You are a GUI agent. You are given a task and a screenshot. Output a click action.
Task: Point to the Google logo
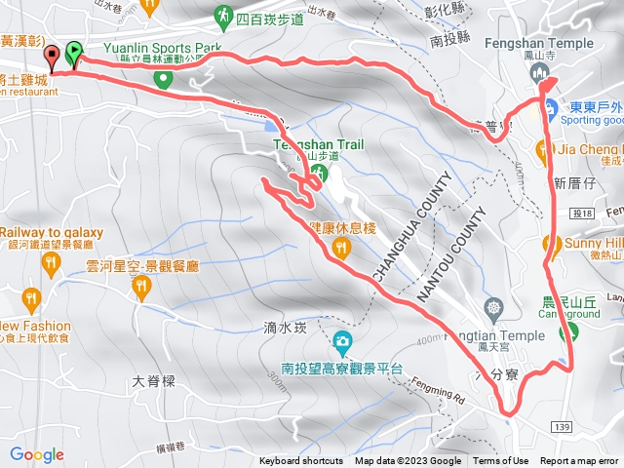coord(36,454)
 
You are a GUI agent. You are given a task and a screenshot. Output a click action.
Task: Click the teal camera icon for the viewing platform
coord(341,340)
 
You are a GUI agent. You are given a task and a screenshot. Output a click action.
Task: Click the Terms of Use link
coord(501,461)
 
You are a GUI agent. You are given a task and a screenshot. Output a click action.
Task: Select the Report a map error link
coord(579,461)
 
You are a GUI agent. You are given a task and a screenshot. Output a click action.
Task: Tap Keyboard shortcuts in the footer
coord(300,461)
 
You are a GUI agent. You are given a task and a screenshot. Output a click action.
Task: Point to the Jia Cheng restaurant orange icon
coord(543,149)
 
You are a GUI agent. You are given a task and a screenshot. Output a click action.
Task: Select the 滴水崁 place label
coord(285,328)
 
